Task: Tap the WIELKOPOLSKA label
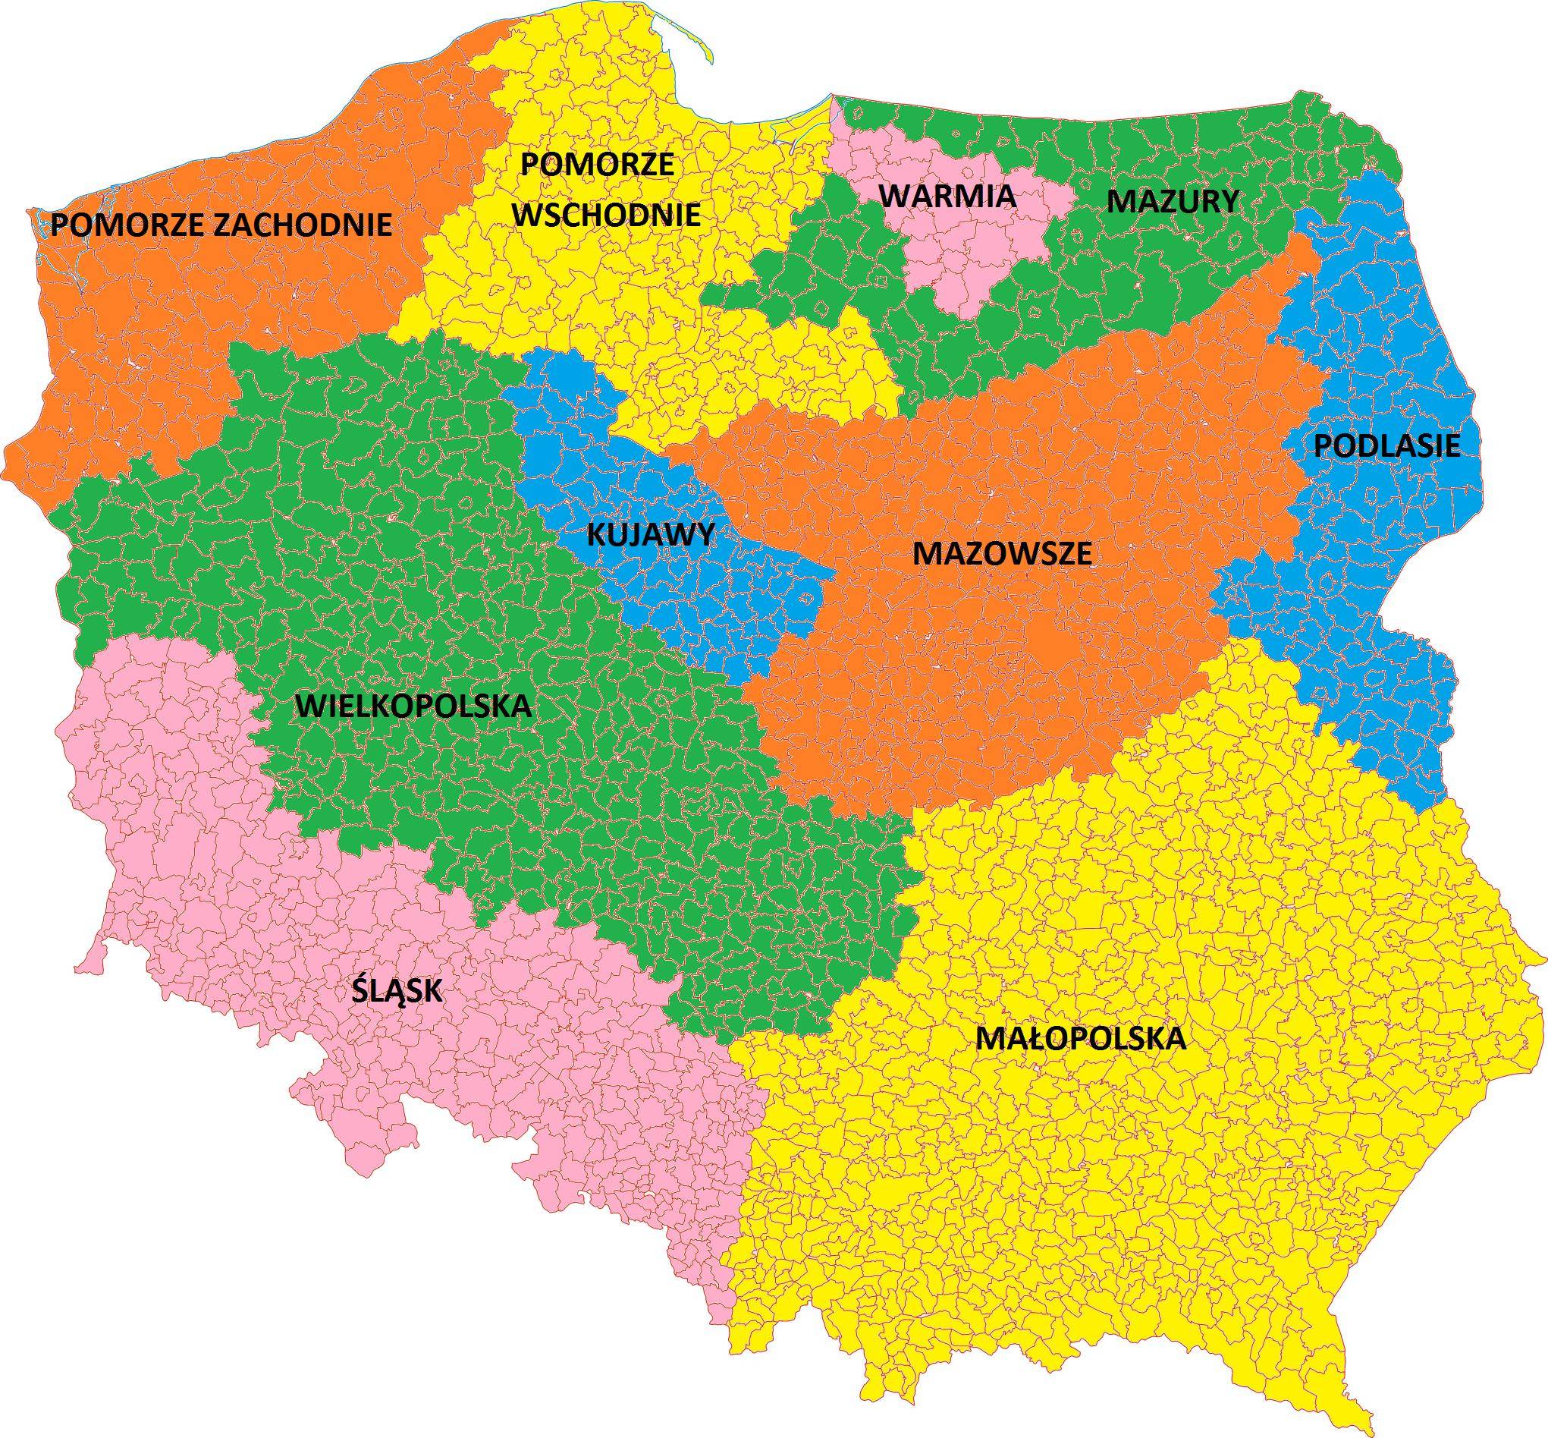pyautogui.click(x=414, y=706)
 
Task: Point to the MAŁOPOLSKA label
pyautogui.click(x=1081, y=1038)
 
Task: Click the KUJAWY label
pyautogui.click(x=650, y=534)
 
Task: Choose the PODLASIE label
pyautogui.click(x=1387, y=446)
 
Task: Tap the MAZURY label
pyautogui.click(x=1173, y=202)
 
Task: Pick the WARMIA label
pyautogui.click(x=948, y=195)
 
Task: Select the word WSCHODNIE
pyautogui.click(x=607, y=214)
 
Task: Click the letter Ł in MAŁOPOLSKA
pyautogui.click(x=1027, y=1038)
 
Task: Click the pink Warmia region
pyautogui.click(x=972, y=249)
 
